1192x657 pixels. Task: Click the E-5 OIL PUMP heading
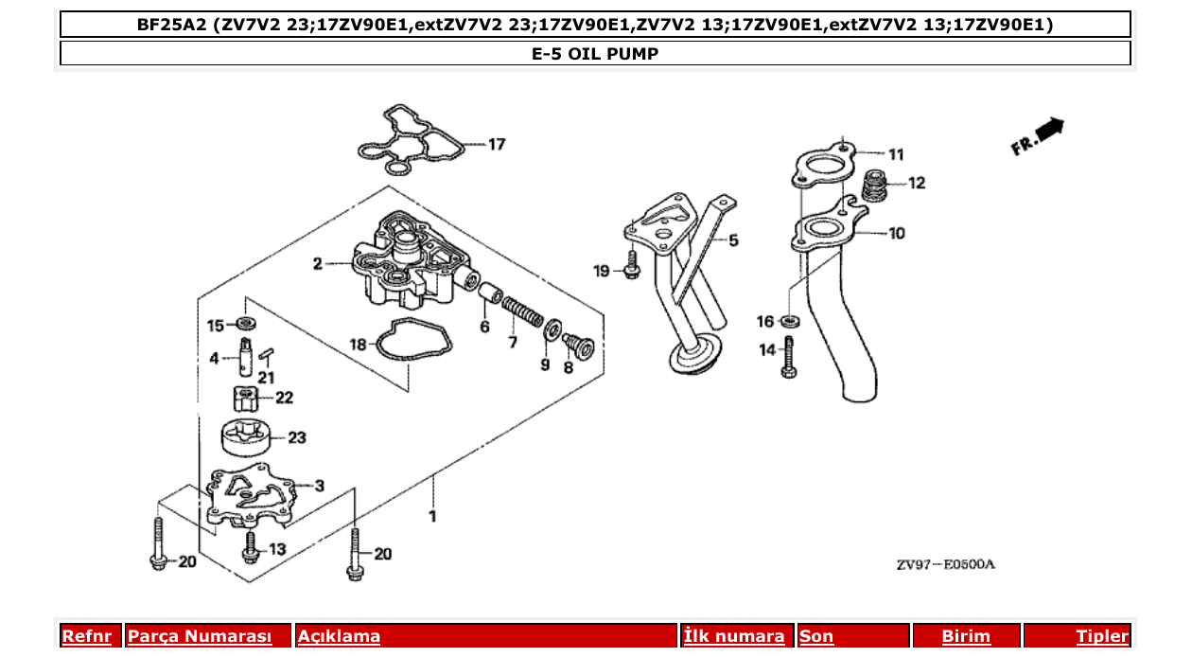coord(595,54)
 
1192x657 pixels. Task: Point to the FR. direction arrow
coord(1038,136)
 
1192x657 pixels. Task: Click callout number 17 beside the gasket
coord(497,144)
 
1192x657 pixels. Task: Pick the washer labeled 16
coord(791,322)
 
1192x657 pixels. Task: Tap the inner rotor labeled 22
coord(245,398)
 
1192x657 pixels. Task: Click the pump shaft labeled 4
coord(246,356)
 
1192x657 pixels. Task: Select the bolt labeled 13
coord(251,547)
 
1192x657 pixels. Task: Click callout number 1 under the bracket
coord(432,516)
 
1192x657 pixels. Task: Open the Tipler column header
coord(1101,636)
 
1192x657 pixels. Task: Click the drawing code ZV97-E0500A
coord(945,565)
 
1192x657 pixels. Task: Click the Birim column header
coord(965,636)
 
